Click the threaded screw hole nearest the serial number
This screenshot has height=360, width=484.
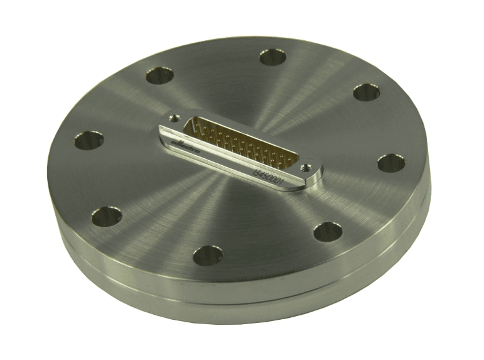(306, 168)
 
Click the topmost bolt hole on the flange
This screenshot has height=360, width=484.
(272, 57)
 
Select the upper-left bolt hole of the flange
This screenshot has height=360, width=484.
(159, 76)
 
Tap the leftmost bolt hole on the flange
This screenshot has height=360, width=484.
(88, 139)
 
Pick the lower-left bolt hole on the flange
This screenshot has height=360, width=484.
(107, 217)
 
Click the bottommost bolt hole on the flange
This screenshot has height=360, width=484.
(208, 255)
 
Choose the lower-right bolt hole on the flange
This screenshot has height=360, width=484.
(327, 231)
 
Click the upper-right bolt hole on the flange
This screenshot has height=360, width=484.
(366, 92)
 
